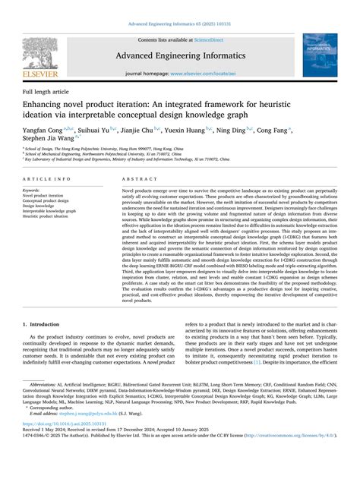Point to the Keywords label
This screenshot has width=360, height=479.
pos(32,190)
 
